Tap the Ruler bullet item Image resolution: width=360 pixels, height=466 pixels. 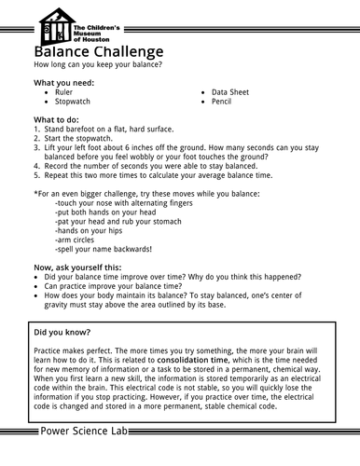[64, 93]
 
